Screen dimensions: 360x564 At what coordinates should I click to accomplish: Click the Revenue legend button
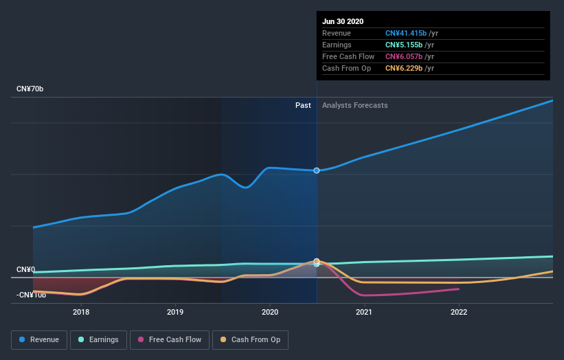[x=40, y=339]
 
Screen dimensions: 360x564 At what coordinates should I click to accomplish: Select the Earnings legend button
[x=98, y=339]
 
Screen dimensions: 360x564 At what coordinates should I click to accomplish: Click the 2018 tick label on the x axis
[x=81, y=312]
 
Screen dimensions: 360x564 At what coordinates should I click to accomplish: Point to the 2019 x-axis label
[x=175, y=312]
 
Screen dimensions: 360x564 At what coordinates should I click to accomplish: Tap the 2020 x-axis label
[x=270, y=312]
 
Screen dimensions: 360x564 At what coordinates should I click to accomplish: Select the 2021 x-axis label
[x=364, y=312]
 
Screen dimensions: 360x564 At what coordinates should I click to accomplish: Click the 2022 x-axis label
[x=458, y=312]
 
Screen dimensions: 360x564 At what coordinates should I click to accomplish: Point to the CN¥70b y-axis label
[x=31, y=89]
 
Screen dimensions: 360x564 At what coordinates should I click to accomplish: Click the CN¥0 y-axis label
[x=26, y=270]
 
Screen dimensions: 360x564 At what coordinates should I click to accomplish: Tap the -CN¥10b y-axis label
[x=32, y=295]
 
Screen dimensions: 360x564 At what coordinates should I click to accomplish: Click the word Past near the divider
[x=303, y=106]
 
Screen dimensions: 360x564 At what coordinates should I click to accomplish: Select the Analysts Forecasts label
[x=354, y=106]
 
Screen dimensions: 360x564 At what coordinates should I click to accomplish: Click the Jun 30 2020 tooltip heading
[x=343, y=21]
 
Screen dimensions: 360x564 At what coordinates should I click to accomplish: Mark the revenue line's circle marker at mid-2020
[x=317, y=170]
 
